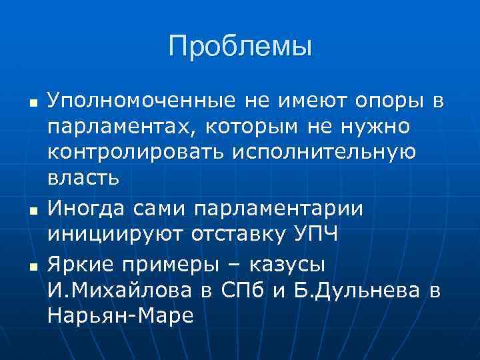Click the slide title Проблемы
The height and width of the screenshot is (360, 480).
click(240, 47)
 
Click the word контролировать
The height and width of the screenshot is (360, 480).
click(136, 153)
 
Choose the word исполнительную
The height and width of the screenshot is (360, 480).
click(325, 153)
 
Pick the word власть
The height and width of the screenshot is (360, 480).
click(83, 178)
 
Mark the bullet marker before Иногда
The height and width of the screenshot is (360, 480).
click(31, 212)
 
